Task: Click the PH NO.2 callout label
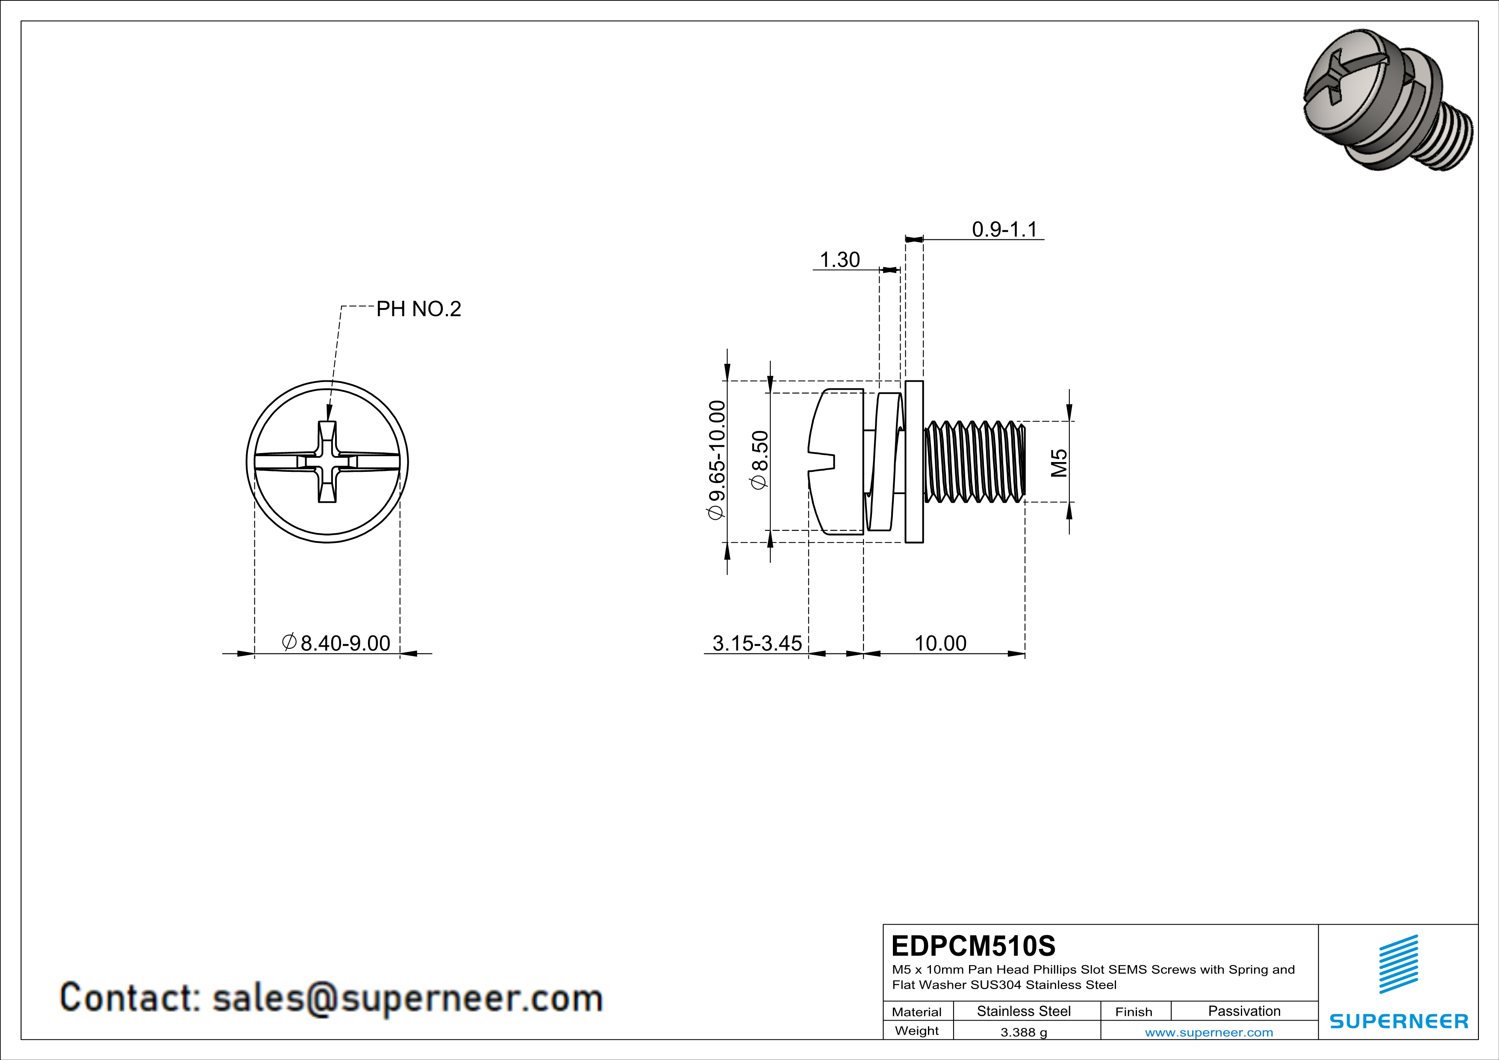coord(418,309)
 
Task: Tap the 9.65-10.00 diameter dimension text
coord(717,459)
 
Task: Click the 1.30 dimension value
coord(839,260)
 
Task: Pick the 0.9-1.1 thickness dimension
coord(1004,230)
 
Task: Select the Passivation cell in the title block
coord(1244,1011)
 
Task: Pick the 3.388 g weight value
coord(1024,1033)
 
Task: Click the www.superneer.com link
coord(1208,1033)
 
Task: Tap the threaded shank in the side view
coord(974,462)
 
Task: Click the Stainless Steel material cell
coord(1024,1011)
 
